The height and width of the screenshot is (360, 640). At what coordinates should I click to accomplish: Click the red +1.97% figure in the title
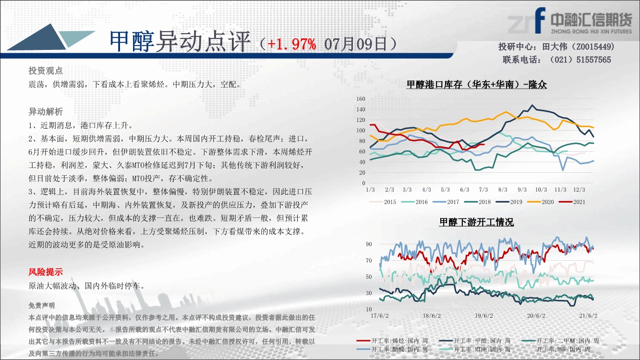(292, 44)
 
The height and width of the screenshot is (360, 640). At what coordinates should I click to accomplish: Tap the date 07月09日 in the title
(355, 44)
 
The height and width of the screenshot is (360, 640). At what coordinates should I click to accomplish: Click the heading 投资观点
(46, 71)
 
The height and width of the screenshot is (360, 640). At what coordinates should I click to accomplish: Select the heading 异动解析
(46, 112)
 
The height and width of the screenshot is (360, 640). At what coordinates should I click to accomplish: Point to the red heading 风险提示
(46, 272)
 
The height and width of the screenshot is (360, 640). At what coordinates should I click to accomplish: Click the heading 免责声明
(41, 306)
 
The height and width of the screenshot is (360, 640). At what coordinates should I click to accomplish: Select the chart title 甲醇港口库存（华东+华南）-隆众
(477, 84)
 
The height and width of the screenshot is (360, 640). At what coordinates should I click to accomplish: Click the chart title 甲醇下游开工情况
(477, 222)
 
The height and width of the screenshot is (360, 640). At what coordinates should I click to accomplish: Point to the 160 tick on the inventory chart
(361, 99)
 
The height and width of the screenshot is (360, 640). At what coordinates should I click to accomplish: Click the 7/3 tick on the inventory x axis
(483, 190)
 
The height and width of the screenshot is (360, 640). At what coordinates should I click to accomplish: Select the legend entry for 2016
(414, 202)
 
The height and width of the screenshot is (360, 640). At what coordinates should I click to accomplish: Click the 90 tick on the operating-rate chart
(369, 244)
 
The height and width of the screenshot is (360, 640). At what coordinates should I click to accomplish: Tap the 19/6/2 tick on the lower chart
(484, 316)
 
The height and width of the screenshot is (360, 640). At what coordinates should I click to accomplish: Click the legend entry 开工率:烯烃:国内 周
(392, 341)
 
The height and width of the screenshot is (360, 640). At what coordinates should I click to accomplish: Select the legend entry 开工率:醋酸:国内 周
(392, 349)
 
